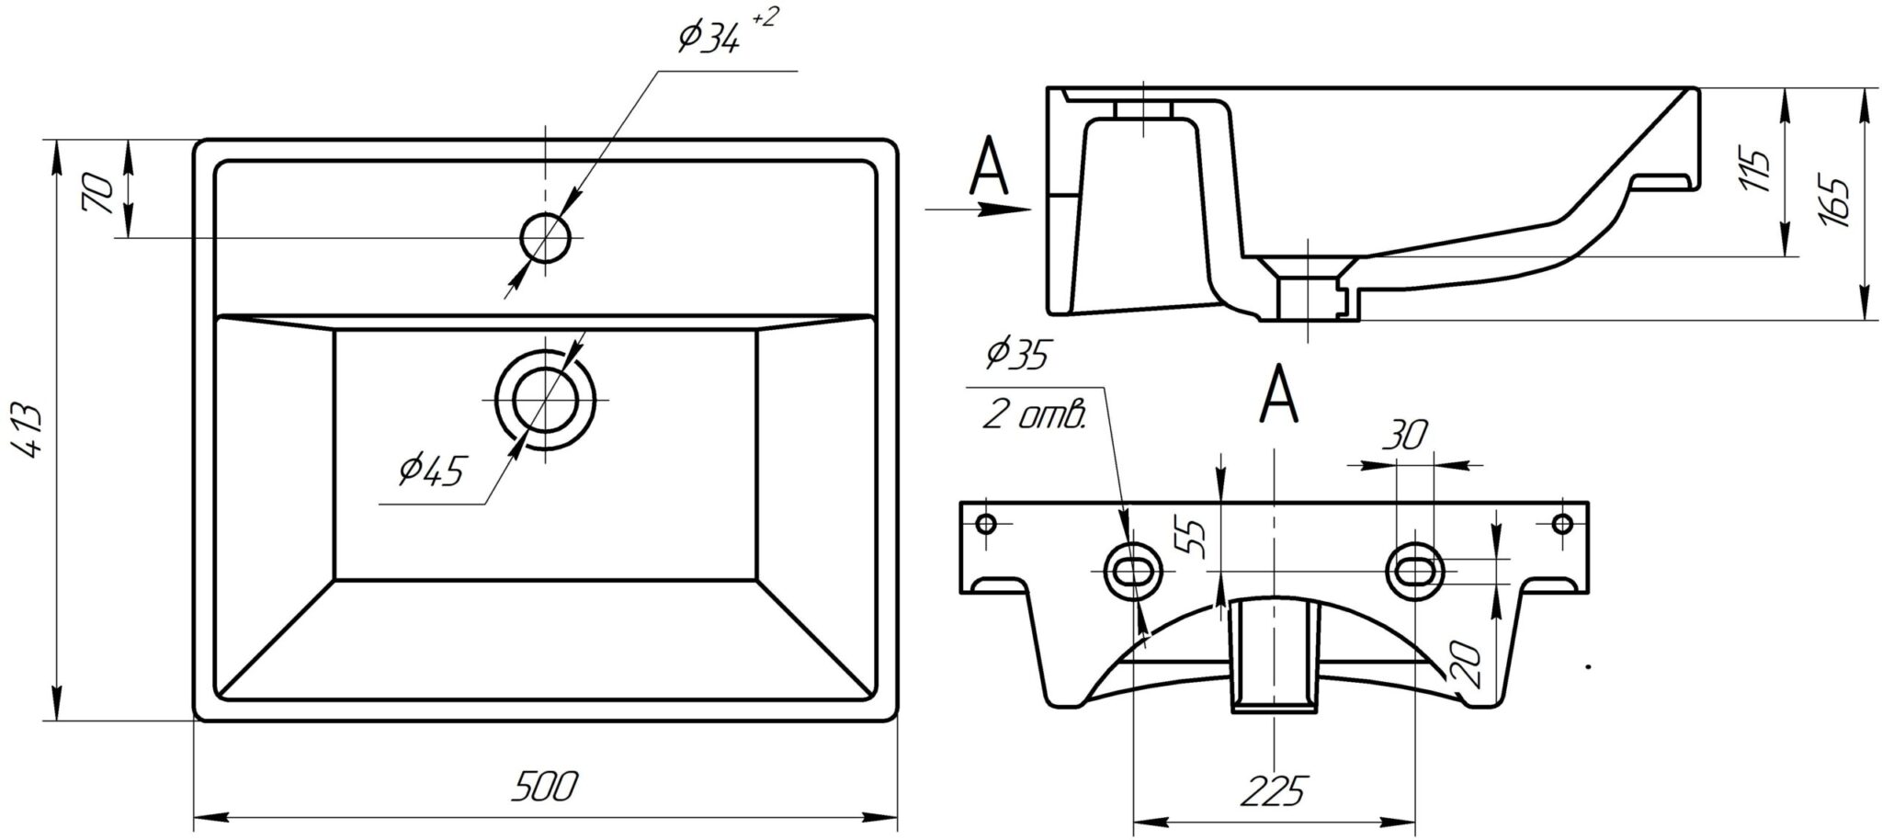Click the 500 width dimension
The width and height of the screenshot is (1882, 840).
[545, 788]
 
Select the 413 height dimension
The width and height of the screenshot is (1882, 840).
[29, 432]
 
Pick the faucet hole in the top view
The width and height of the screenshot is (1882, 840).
[546, 238]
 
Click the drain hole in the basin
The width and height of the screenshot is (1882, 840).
[546, 401]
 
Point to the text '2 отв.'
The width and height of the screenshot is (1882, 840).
[1034, 415]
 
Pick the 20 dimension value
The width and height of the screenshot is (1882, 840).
[1468, 665]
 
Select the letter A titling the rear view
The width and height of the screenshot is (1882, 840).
[1278, 394]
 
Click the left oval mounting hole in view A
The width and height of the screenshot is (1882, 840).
[1131, 571]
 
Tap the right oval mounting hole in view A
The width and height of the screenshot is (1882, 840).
[1415, 571]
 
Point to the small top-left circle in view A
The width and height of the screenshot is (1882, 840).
[986, 525]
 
